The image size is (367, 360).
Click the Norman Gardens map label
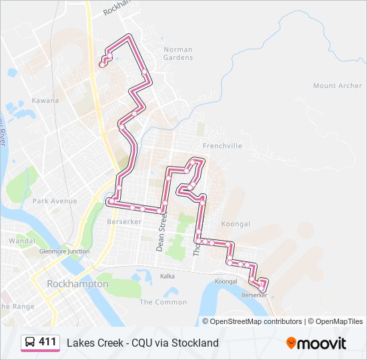pos(178,53)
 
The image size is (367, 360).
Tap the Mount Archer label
pos(337,86)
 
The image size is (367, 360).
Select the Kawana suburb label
pos(45,101)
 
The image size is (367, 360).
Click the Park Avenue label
pos(55,201)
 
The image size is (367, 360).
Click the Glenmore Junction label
pos(64,251)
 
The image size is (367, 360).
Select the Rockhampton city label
pos(77,284)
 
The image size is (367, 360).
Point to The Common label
pos(153,302)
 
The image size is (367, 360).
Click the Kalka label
pos(167,275)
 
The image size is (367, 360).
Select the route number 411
pos(47,342)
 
